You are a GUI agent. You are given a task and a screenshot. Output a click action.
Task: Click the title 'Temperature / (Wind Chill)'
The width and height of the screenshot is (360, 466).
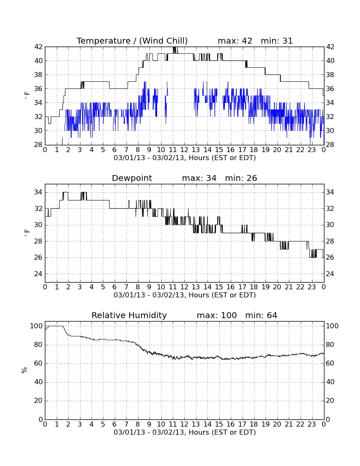132,41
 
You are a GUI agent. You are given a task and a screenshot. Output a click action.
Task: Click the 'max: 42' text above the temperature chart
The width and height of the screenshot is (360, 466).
235,41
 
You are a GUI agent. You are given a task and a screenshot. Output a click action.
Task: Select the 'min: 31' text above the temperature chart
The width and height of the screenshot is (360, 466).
277,41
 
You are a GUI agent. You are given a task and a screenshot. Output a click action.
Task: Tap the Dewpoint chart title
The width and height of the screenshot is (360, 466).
132,178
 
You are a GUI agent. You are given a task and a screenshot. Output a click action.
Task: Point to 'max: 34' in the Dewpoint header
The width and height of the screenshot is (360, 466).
199,178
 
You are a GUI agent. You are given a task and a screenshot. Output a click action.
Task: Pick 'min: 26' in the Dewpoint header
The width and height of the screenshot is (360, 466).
241,178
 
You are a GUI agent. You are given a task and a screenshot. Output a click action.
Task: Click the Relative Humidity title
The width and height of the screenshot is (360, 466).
129,315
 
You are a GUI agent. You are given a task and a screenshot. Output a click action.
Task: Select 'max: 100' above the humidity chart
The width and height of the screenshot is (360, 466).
217,315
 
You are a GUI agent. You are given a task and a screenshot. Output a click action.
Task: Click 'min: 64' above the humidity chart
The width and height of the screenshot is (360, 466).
261,315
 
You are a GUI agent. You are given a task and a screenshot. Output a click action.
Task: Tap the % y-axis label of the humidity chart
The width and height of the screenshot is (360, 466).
24,370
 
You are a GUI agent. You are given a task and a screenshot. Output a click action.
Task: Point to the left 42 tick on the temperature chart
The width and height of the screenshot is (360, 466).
39,47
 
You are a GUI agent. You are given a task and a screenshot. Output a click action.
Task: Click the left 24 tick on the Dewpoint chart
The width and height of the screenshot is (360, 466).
39,274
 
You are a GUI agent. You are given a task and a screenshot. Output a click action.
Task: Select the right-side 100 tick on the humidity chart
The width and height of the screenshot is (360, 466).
332,326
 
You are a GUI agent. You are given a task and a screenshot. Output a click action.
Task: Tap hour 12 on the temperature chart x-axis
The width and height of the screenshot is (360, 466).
184,150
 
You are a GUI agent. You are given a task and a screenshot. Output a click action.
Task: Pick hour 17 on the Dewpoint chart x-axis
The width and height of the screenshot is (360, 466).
242,287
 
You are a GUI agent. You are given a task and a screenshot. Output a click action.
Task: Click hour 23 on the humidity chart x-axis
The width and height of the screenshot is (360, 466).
312,424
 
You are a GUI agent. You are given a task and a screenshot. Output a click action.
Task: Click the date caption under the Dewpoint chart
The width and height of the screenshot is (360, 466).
185,295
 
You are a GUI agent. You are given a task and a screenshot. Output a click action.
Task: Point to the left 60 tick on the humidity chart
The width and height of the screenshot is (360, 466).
39,363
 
